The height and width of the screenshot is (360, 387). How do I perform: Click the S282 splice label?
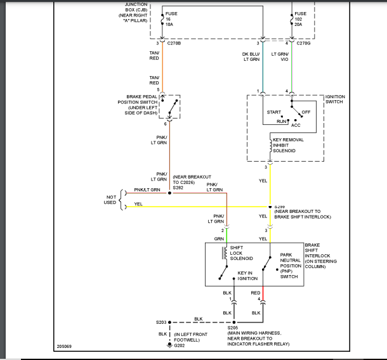click(178, 188)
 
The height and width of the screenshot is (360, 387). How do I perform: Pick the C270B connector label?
click(174, 44)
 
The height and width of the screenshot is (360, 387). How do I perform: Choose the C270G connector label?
click(304, 44)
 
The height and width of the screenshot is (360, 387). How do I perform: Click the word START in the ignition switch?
click(274, 112)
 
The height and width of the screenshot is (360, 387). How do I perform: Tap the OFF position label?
click(306, 112)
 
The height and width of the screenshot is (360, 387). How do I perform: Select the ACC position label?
click(296, 125)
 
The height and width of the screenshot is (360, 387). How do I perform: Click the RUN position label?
click(282, 120)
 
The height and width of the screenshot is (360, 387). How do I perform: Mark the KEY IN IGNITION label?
click(249, 276)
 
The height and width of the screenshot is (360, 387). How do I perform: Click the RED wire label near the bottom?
click(256, 293)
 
